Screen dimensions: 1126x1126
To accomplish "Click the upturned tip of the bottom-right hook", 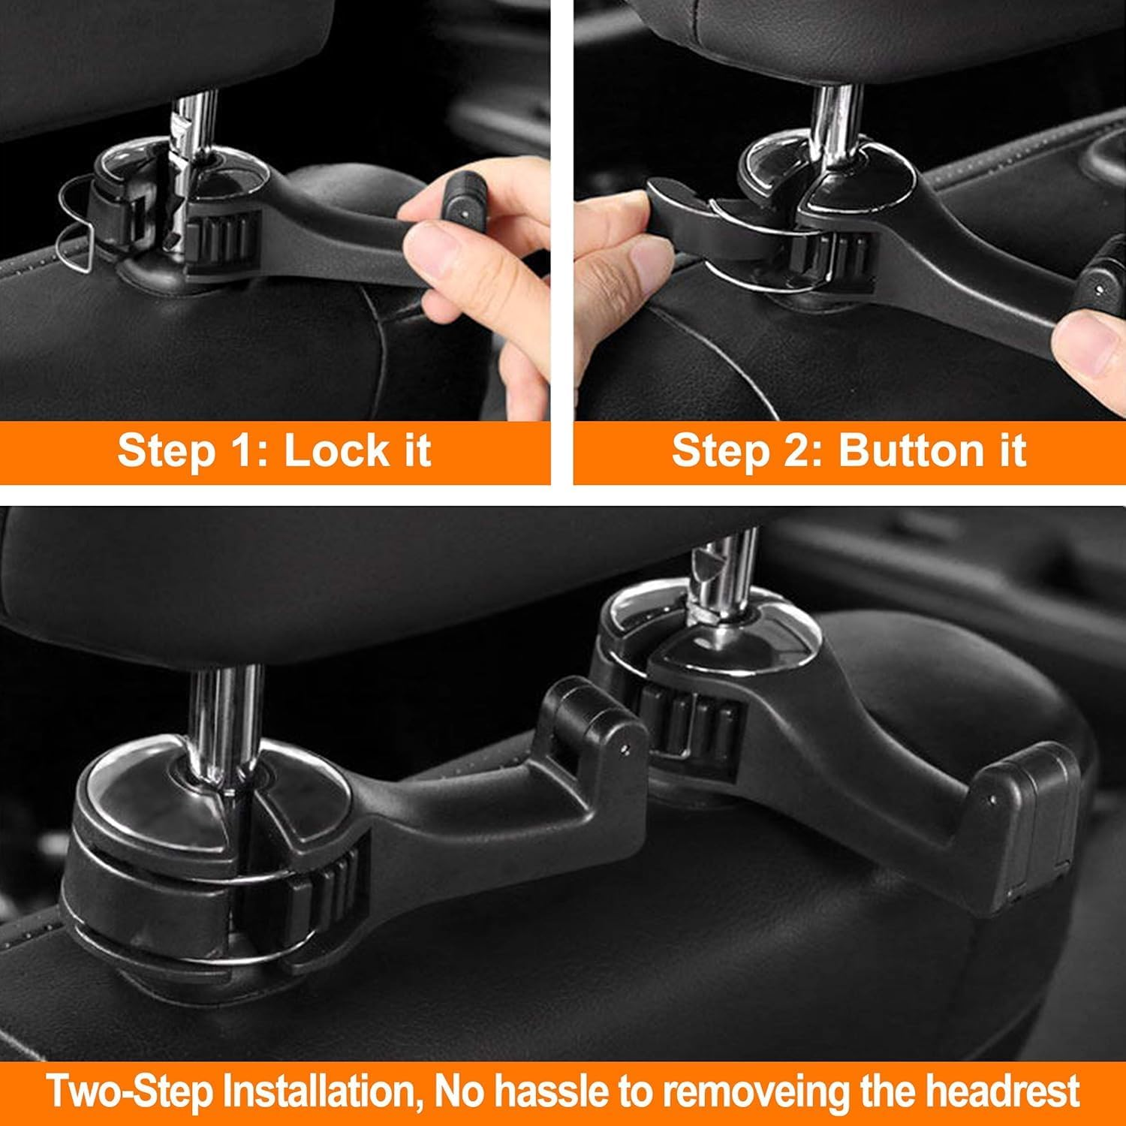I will coord(1032,814).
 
